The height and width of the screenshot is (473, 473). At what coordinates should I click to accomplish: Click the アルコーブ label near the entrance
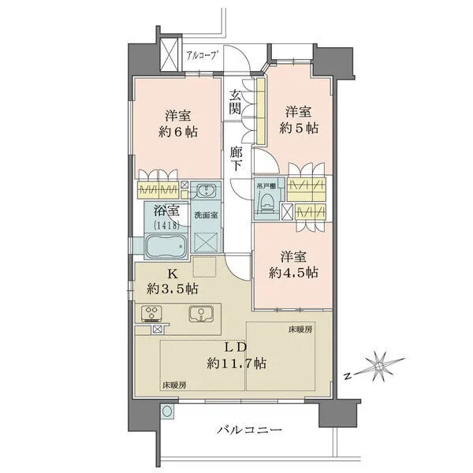(x=202, y=55)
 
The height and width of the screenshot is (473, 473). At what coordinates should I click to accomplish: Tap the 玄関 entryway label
(x=235, y=102)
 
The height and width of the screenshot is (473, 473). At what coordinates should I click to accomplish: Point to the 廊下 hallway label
(x=236, y=159)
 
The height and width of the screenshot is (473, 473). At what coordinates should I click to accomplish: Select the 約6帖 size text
(x=178, y=132)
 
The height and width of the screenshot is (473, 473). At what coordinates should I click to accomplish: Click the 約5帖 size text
(x=299, y=128)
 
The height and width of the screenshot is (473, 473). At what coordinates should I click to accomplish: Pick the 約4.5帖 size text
(x=293, y=273)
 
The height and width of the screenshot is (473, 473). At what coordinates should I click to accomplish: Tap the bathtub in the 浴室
(x=167, y=246)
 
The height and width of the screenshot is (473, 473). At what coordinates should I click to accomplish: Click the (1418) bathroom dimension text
(x=166, y=225)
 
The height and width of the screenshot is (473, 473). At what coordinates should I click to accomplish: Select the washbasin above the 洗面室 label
(x=207, y=191)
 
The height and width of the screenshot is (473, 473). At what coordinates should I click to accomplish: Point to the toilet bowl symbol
(x=267, y=202)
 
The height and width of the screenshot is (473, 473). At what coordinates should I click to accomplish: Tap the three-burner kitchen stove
(x=151, y=314)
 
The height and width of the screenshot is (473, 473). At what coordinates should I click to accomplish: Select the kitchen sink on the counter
(x=201, y=314)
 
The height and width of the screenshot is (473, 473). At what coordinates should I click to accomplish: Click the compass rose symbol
(x=380, y=366)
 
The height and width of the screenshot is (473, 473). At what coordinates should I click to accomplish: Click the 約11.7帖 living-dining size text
(x=236, y=363)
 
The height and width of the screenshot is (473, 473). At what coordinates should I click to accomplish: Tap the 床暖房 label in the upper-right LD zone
(x=300, y=330)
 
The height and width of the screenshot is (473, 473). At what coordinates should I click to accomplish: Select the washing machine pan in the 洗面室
(x=206, y=242)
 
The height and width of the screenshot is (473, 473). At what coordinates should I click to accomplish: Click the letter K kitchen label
(x=172, y=274)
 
